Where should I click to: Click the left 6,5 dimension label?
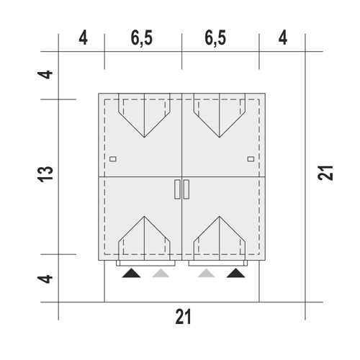142,38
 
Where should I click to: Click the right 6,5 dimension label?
215,38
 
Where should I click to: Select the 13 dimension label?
45,174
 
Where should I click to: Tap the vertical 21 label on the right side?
325,173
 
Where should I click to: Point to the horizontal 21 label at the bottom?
183,317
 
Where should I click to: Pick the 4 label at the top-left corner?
83,38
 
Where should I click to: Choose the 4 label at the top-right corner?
283,38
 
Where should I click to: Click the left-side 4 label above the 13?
45,74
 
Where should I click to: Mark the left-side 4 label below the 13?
45,279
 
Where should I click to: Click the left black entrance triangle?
131,274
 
